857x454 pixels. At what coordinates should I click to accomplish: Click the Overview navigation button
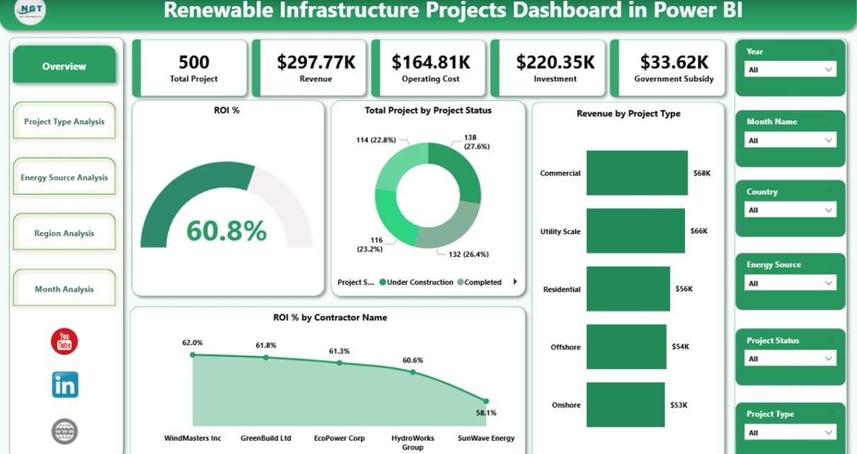tap(64, 66)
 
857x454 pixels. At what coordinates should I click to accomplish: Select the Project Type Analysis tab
tap(64, 122)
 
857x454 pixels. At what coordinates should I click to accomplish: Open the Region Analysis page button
tap(64, 233)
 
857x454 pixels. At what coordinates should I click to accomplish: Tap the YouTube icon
tap(64, 342)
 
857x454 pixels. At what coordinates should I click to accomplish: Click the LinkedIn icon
tap(64, 385)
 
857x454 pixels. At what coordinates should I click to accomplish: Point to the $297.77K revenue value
tap(316, 62)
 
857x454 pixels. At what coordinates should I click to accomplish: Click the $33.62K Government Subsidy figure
tap(674, 62)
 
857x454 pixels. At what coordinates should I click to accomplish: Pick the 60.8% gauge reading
tap(226, 231)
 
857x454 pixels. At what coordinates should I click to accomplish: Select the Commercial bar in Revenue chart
tap(637, 173)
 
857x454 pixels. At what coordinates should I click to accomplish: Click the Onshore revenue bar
tap(625, 404)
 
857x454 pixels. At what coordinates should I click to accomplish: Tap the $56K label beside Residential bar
tap(683, 289)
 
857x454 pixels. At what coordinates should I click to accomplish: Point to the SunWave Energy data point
tap(486, 401)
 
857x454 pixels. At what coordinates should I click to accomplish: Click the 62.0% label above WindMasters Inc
tap(192, 343)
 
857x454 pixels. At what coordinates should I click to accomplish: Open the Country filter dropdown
tap(790, 210)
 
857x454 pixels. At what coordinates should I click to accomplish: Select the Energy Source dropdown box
tap(790, 284)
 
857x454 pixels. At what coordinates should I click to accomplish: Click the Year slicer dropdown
tap(790, 69)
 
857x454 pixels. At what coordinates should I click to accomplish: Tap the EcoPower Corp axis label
tap(339, 438)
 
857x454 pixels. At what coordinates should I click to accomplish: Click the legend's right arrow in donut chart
tap(515, 281)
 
